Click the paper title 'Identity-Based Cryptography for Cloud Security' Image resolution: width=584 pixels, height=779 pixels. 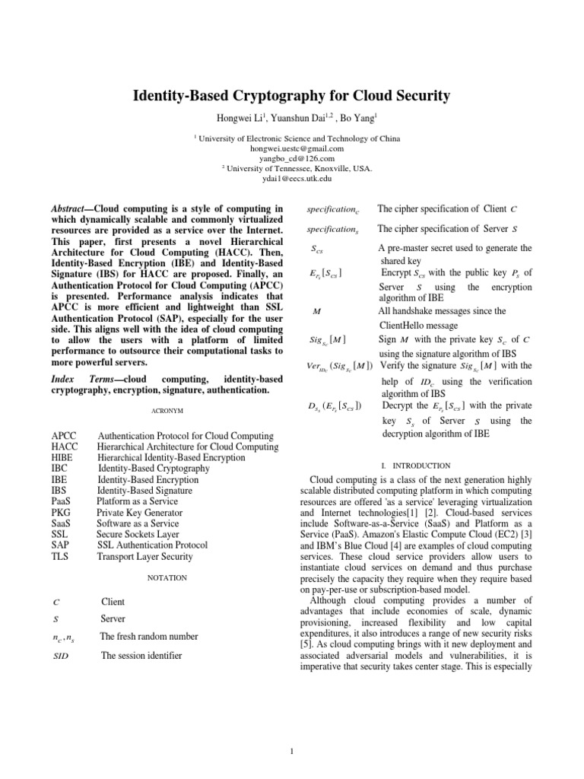pyautogui.click(x=291, y=96)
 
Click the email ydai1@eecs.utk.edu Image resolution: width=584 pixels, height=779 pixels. pyautogui.click(x=291, y=179)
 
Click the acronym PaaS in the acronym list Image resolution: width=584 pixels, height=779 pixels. pyautogui.click(x=62, y=502)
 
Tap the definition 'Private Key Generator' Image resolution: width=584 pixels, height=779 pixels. pyautogui.click(x=139, y=513)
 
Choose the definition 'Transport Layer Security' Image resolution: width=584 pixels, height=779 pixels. pyautogui.click(x=144, y=557)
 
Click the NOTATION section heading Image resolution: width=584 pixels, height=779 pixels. pyautogui.click(x=167, y=578)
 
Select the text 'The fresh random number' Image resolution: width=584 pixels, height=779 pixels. pyautogui.click(x=149, y=636)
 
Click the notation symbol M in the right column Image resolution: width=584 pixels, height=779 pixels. pyautogui.click(x=316, y=311)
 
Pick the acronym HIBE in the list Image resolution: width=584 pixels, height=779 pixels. pyautogui.click(x=63, y=458)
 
